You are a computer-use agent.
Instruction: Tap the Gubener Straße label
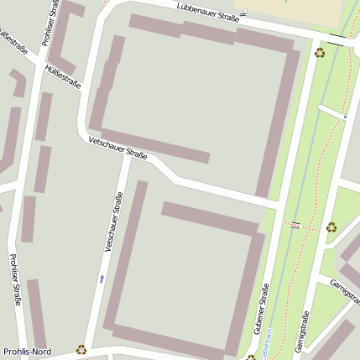[x=261, y=310]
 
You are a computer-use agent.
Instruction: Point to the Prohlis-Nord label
[x=28, y=351]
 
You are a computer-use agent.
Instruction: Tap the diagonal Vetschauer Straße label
[x=117, y=149]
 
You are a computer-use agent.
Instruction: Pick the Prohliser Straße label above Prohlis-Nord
[x=13, y=279]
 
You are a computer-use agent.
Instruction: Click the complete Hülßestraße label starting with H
[x=63, y=76]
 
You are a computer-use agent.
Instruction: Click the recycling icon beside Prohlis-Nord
[x=81, y=349]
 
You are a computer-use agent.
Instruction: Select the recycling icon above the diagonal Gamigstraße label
[x=331, y=227]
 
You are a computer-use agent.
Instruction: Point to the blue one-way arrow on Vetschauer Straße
[x=102, y=278]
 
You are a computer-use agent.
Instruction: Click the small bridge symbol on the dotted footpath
[x=295, y=225]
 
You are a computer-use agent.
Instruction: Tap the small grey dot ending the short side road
[x=344, y=117]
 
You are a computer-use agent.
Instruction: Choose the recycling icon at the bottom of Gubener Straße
[x=250, y=357]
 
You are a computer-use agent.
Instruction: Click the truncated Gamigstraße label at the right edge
[x=345, y=290]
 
